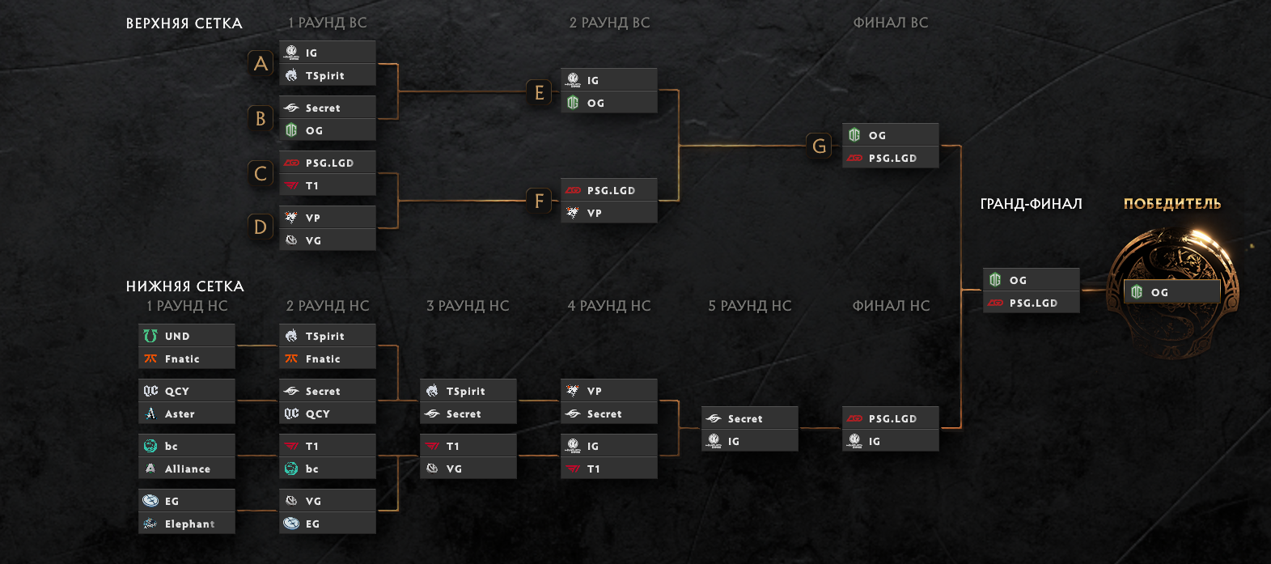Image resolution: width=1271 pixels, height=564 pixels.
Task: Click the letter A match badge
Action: click(261, 63)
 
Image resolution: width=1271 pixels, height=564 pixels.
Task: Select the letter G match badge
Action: click(819, 146)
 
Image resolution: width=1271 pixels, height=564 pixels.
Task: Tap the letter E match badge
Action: click(539, 92)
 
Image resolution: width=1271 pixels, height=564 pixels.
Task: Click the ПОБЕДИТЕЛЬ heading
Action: click(1171, 204)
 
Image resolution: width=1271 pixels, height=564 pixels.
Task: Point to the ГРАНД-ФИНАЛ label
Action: click(1031, 204)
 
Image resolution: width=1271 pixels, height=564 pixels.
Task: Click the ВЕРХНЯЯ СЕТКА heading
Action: click(184, 23)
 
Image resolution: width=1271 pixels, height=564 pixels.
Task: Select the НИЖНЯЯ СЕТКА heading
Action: click(184, 286)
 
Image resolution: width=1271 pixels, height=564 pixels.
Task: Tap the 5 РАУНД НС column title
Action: click(749, 306)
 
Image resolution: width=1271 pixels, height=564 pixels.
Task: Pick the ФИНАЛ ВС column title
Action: click(890, 23)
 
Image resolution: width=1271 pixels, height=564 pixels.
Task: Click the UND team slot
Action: click(187, 336)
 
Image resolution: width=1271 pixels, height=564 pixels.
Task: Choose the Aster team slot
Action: click(187, 413)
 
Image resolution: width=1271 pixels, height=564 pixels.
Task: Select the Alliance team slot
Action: click(187, 469)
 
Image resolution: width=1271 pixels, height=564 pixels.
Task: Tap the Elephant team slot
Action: click(187, 524)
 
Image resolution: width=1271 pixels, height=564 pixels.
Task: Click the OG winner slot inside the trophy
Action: click(1171, 292)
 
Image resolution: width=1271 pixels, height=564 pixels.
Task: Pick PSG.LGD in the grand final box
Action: click(1032, 303)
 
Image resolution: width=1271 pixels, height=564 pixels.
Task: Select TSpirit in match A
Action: click(328, 75)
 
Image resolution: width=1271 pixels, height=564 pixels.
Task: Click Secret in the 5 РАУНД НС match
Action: click(749, 418)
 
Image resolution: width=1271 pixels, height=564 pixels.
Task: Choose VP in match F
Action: click(608, 213)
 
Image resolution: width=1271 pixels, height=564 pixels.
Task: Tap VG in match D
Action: click(328, 240)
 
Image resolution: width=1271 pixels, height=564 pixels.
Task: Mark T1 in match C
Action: click(328, 185)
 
